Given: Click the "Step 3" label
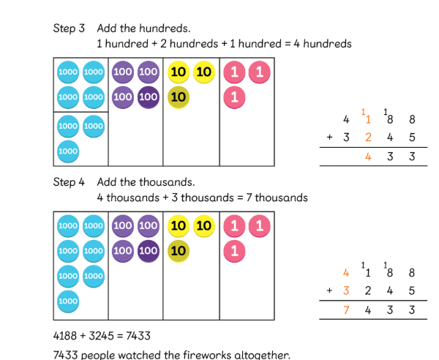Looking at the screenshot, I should pyautogui.click(x=69, y=29).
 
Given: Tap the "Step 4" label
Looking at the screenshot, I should pyautogui.click(x=69, y=182).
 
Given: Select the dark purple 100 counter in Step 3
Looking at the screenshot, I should pyautogui.click(x=148, y=97).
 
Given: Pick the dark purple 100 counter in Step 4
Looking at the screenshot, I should pyautogui.click(x=148, y=251).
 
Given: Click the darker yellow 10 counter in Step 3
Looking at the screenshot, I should pyautogui.click(x=178, y=97).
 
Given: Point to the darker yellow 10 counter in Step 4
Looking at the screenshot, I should pyautogui.click(x=178, y=251).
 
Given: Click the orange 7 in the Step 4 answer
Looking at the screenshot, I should pyautogui.click(x=346, y=310).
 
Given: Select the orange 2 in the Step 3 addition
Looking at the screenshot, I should pyautogui.click(x=369, y=137).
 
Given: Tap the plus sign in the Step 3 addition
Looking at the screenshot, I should pyautogui.click(x=330, y=137).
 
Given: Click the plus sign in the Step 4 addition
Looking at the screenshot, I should pyautogui.click(x=330, y=290).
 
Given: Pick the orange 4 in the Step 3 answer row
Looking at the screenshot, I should pyautogui.click(x=369, y=156).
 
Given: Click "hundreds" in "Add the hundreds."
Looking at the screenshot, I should pyautogui.click(x=167, y=29).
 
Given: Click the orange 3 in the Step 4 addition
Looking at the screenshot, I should pyautogui.click(x=346, y=290).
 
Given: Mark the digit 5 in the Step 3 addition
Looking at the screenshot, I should pyautogui.click(x=413, y=137).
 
